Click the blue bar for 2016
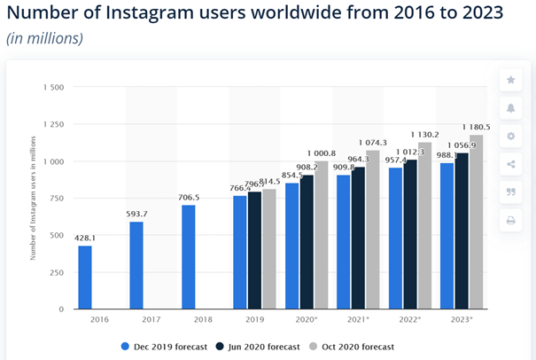click(x=84, y=278)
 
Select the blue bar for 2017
click(x=136, y=265)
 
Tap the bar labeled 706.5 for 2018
click(x=188, y=257)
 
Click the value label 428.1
click(x=84, y=238)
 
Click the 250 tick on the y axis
click(x=55, y=272)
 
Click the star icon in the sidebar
click(x=511, y=81)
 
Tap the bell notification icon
click(x=511, y=108)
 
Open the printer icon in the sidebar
click(x=511, y=220)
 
